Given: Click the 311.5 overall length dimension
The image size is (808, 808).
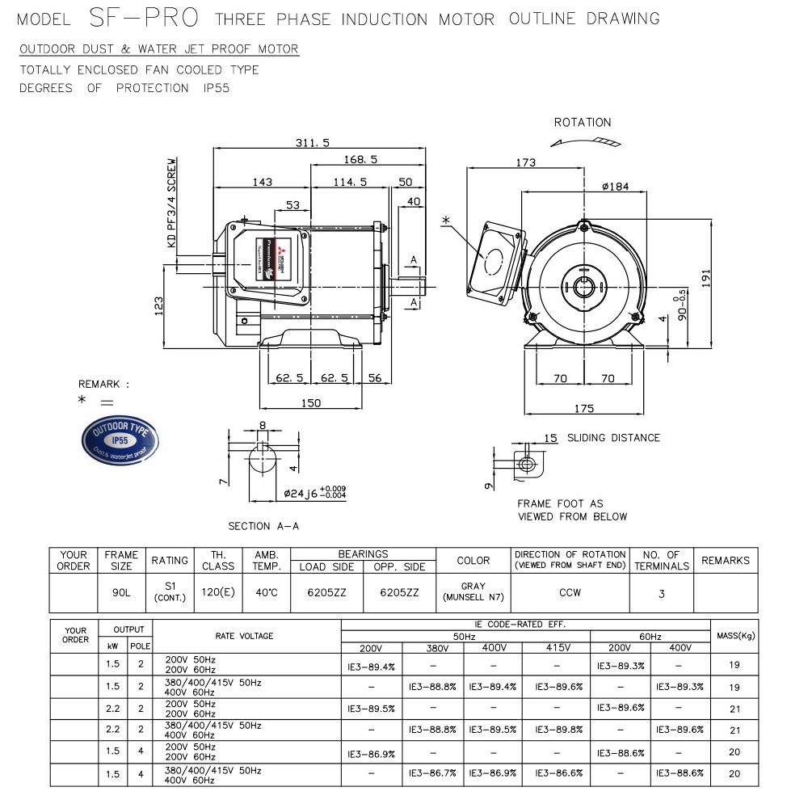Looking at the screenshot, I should pos(314,143).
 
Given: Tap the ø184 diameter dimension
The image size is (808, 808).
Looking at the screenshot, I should pos(616,187).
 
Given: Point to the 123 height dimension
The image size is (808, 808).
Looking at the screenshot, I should pos(158,304).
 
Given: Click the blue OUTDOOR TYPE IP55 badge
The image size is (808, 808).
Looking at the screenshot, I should pos(121,440).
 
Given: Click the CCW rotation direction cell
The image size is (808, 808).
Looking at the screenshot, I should pos(570,592).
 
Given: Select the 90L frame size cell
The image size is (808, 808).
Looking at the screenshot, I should pos(121,592).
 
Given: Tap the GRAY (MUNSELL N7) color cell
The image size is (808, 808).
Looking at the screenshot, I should pos(473,592).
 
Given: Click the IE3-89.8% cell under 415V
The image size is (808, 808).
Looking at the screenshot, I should pos(558,730).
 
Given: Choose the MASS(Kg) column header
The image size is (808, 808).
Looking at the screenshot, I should pos(734,636).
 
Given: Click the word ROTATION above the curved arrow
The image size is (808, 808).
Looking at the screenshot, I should pos(582,123).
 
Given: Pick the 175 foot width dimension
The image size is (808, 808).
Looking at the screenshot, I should pos(584,408).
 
